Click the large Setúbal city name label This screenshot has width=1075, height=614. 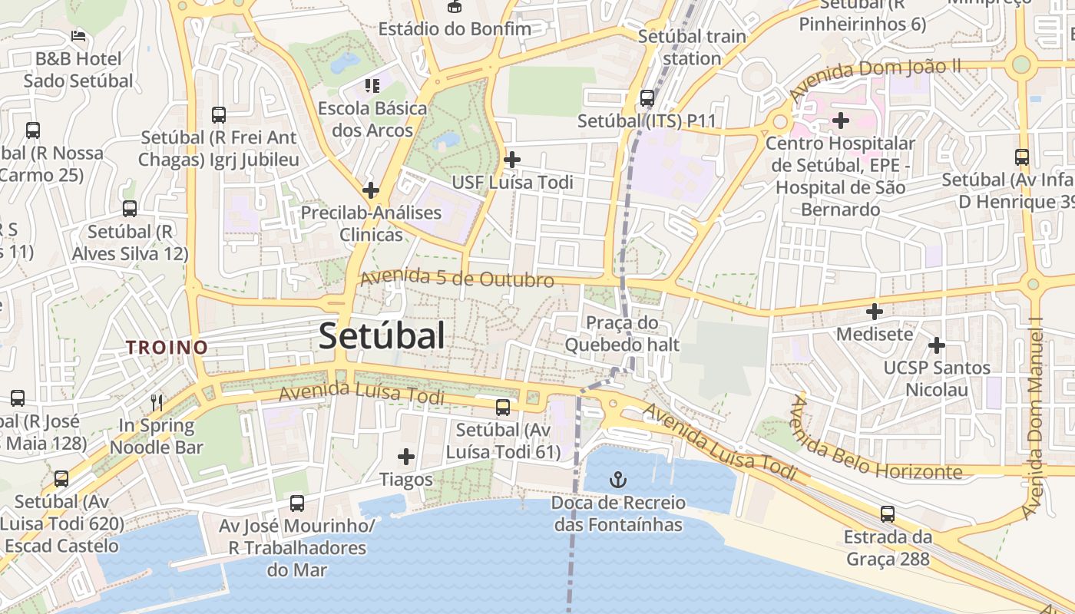click(x=382, y=335)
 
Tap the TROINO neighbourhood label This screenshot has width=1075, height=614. click(x=167, y=347)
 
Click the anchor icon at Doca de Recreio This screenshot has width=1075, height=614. click(x=618, y=480)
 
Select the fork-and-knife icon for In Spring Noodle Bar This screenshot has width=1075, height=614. click(x=157, y=401)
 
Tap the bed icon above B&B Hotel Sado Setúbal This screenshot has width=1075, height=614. click(x=78, y=35)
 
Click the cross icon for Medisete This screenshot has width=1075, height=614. click(x=874, y=312)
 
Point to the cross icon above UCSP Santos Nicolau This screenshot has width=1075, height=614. click(x=936, y=345)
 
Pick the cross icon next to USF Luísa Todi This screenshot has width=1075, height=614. click(x=511, y=160)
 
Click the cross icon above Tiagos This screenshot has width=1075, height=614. click(x=406, y=457)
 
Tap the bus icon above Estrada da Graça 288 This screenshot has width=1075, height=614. click(x=888, y=514)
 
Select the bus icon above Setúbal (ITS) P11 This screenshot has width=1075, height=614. click(x=647, y=98)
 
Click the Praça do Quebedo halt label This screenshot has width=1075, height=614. click(x=622, y=334)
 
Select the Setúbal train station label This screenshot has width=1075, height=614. click(x=692, y=47)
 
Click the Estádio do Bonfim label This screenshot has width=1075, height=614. click(x=455, y=29)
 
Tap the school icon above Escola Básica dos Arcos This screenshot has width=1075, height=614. click(x=372, y=85)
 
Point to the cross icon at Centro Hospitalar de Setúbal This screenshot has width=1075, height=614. click(x=841, y=120)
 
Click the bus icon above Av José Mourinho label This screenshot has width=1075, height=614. click(x=297, y=503)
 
